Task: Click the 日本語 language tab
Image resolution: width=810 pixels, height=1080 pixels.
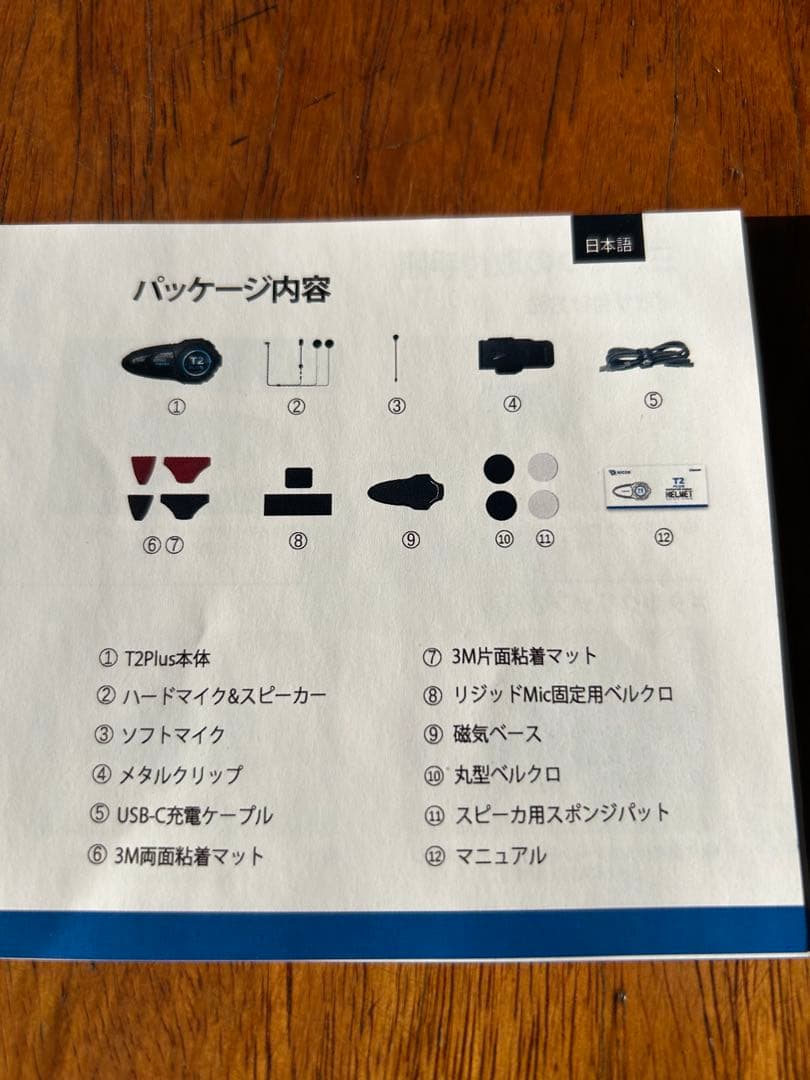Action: (x=608, y=245)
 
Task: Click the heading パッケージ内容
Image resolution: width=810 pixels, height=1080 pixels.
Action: (x=231, y=291)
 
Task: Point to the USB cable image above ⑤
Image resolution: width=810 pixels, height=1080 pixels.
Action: (x=647, y=357)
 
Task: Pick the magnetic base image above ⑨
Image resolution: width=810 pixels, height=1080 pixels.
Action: (x=406, y=491)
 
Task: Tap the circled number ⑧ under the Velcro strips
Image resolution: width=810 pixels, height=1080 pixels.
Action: (x=297, y=540)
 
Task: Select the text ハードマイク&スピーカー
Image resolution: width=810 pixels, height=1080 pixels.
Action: (x=224, y=696)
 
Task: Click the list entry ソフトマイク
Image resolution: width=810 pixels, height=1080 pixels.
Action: (x=173, y=735)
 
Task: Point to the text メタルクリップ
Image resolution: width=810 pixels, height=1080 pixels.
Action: (x=182, y=775)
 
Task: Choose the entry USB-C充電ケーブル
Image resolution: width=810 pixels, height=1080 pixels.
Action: (x=196, y=815)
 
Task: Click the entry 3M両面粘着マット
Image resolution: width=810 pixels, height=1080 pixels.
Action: (x=191, y=856)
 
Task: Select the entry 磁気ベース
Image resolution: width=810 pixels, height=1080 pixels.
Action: (x=496, y=734)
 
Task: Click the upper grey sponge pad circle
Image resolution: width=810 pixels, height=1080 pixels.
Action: (x=542, y=467)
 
